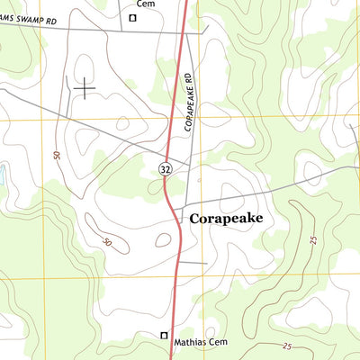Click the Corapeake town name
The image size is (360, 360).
click(231, 218)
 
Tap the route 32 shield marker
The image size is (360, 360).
click(166, 169)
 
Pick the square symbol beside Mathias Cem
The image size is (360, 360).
click(164, 336)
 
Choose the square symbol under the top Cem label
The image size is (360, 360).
click(132, 17)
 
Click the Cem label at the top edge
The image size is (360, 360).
click(133, 4)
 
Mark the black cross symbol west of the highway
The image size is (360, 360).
click(85, 87)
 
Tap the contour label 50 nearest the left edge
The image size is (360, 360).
click(56, 156)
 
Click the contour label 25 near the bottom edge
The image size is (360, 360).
click(287, 346)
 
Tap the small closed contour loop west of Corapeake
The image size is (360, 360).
click(163, 239)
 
